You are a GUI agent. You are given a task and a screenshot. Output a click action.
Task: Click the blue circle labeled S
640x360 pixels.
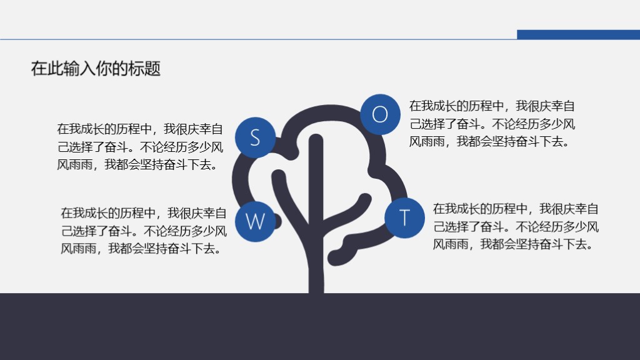(x=255, y=137)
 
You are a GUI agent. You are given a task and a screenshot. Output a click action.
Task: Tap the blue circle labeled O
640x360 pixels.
(x=380, y=114)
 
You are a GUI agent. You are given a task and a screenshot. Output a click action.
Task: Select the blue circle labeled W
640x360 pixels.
(x=255, y=221)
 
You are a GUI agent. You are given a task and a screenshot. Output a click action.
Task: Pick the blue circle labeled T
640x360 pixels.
(x=404, y=217)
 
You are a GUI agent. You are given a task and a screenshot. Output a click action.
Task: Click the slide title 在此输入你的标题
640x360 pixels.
(x=96, y=69)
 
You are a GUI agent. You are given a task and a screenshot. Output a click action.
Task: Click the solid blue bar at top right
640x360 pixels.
(x=578, y=34)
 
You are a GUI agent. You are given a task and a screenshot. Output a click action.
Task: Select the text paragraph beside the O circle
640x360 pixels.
(x=492, y=124)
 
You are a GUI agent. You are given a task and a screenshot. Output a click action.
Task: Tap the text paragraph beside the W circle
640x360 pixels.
(x=144, y=231)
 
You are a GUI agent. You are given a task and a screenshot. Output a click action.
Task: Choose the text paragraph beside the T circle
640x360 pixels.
(x=516, y=226)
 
